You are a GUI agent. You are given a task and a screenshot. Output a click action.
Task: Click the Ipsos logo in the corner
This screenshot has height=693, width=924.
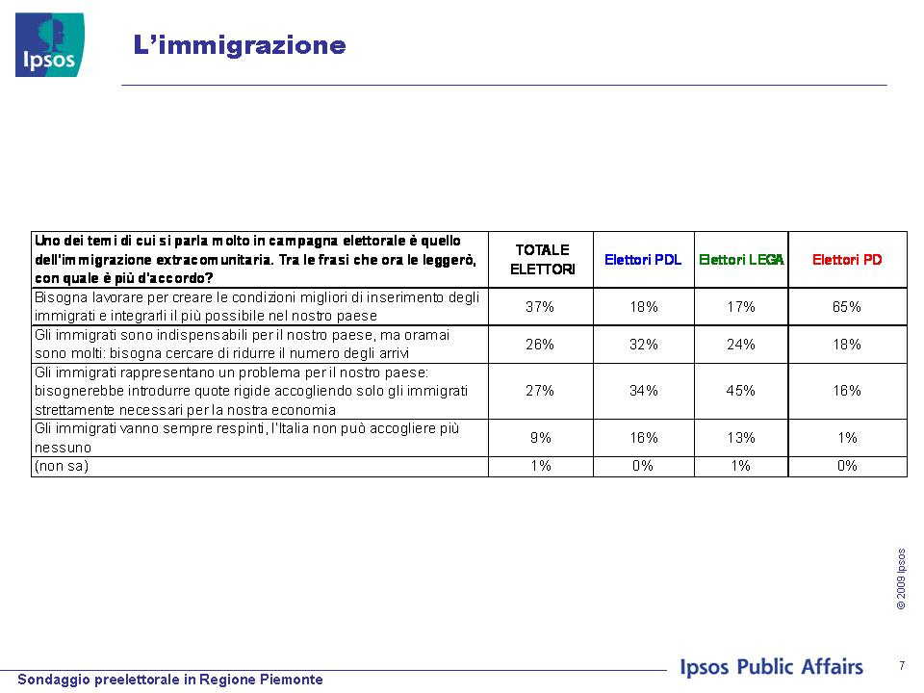tap(49, 45)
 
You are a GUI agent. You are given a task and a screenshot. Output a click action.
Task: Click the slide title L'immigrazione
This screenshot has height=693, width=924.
tap(240, 45)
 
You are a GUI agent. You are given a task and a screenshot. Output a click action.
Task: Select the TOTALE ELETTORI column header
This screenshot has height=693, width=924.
tap(542, 259)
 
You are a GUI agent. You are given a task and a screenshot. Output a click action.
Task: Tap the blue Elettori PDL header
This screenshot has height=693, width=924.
tap(643, 259)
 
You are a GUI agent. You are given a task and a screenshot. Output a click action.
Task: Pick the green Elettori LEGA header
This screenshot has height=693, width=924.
tap(741, 259)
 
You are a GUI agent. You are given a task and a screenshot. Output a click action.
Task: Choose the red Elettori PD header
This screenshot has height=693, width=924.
tap(847, 259)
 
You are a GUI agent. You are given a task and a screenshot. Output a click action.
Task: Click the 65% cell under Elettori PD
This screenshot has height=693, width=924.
tap(847, 306)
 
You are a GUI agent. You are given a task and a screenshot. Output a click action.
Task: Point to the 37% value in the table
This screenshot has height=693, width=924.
tap(540, 306)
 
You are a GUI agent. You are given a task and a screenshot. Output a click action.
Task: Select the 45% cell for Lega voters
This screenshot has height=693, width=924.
tap(741, 390)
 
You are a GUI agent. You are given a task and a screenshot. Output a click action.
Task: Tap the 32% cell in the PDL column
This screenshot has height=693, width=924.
tap(644, 345)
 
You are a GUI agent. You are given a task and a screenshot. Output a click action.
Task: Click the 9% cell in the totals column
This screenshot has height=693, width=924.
tap(540, 437)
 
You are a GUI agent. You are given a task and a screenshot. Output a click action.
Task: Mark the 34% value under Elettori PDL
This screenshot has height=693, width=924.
tap(644, 390)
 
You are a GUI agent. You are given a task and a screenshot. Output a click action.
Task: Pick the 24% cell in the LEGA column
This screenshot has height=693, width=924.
tap(741, 345)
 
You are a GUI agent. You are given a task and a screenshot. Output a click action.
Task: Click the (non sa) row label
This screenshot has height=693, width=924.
tap(62, 466)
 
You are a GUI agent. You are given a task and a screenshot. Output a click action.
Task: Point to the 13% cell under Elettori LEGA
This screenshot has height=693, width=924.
tap(741, 437)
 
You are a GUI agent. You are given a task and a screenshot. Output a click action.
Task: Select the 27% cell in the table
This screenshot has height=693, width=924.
tap(540, 390)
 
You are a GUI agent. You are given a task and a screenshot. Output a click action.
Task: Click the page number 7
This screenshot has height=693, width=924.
tap(902, 665)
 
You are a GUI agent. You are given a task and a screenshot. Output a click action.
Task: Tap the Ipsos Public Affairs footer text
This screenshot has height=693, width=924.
tap(771, 666)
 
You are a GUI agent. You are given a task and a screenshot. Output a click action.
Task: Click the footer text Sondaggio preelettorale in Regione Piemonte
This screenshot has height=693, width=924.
tap(170, 680)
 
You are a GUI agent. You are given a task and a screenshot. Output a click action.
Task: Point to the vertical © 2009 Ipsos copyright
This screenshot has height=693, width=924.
tap(901, 578)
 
